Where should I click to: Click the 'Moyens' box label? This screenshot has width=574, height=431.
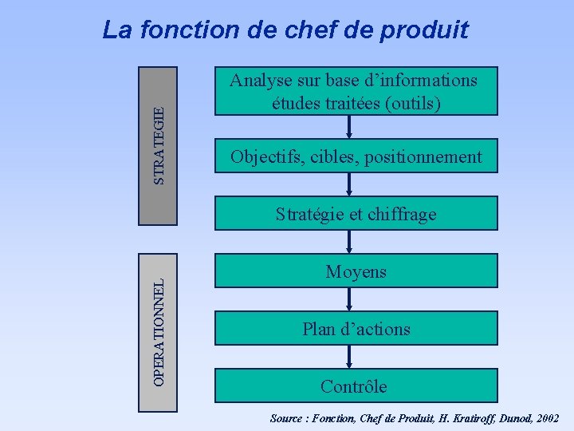(356, 272)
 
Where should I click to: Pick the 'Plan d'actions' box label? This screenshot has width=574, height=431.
(356, 329)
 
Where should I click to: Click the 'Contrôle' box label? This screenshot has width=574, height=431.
(353, 387)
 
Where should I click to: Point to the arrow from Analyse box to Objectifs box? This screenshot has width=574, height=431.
(349, 128)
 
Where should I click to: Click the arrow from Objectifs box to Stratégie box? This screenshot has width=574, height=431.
(349, 185)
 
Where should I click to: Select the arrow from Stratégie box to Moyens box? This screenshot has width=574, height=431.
(349, 242)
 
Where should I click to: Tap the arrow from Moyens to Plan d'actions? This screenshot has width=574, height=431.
(349, 299)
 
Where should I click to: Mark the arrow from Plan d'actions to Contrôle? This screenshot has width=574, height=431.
(349, 358)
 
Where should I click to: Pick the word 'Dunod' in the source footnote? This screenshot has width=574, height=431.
(501, 418)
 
